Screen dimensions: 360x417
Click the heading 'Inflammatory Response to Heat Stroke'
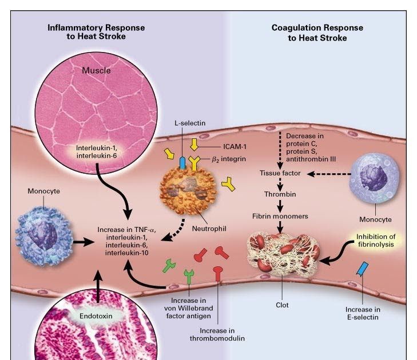[96, 33]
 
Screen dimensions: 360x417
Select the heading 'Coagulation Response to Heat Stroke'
[317, 33]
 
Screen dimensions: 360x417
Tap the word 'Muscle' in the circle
[96, 71]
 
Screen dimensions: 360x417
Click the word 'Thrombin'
[279, 194]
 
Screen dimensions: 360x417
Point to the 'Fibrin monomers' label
[280, 217]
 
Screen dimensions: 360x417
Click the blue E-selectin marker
[363, 270]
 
